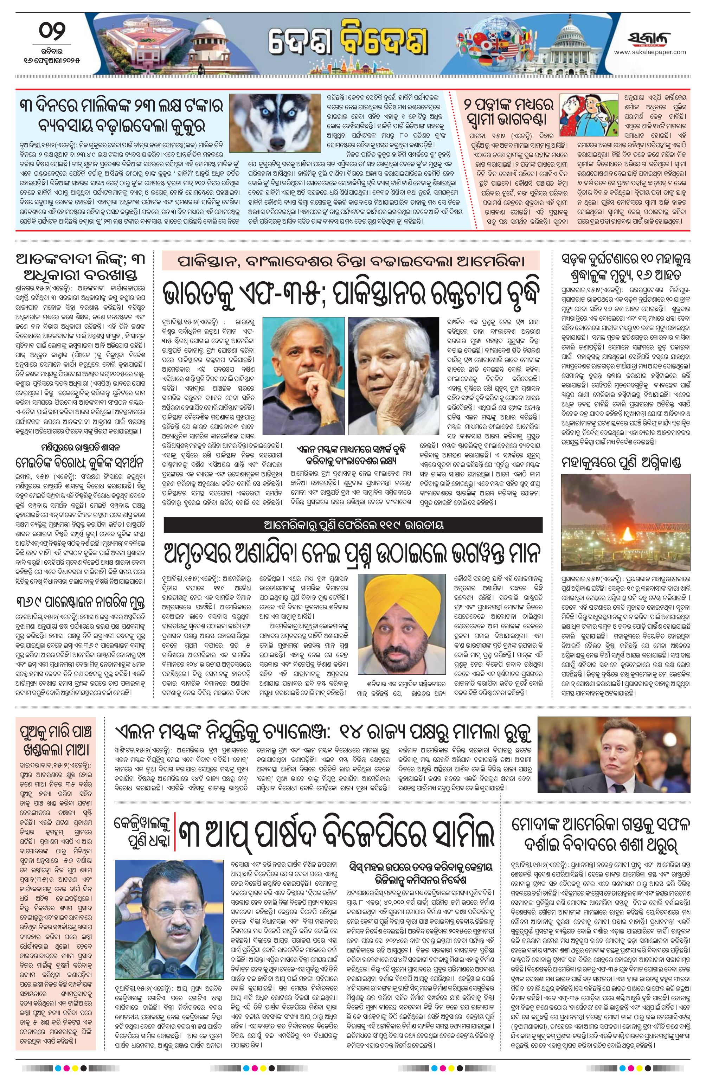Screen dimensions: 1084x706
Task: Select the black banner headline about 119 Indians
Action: [353, 525]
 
